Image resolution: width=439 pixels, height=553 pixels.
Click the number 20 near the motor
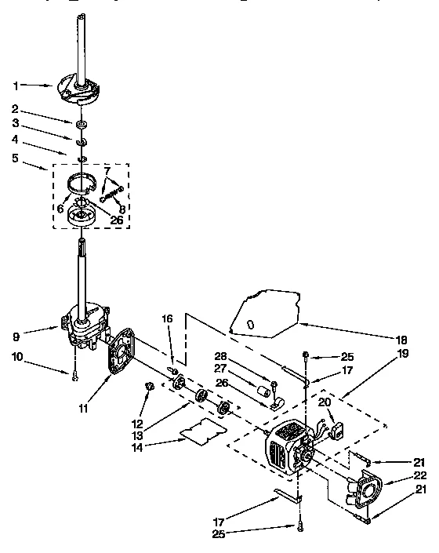click(x=324, y=402)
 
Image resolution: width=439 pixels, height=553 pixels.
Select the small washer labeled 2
click(x=82, y=124)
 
